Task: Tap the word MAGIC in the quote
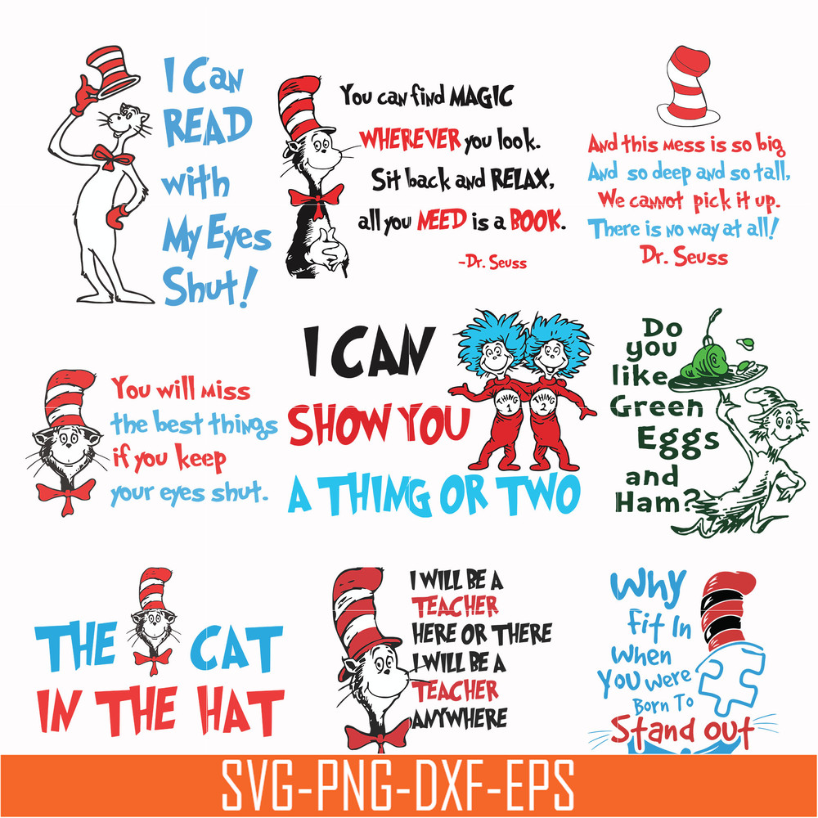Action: point(479,97)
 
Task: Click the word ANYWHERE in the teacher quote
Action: point(460,717)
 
